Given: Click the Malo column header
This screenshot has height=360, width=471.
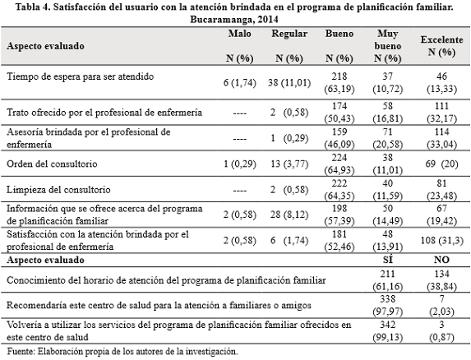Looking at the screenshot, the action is [x=242, y=35].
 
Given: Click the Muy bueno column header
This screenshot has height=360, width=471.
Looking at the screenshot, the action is [x=387, y=40].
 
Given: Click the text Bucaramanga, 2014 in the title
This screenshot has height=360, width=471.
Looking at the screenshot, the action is [x=235, y=17].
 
